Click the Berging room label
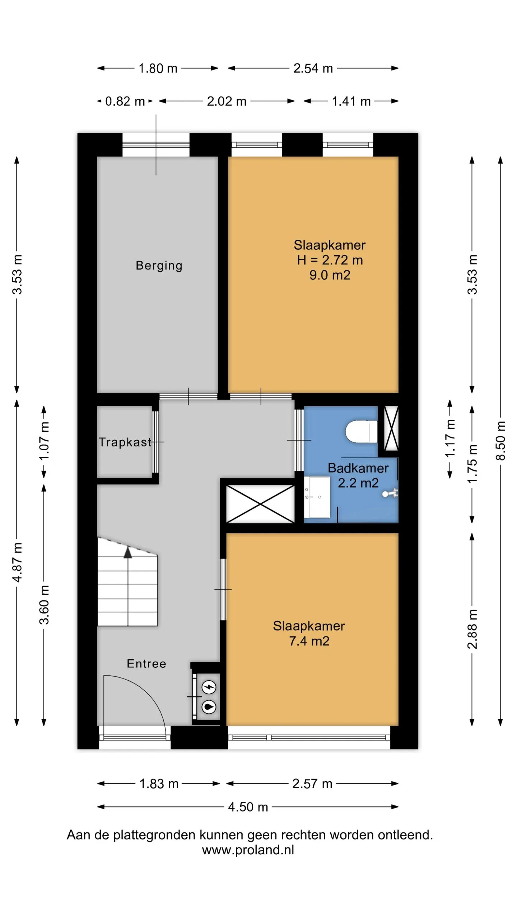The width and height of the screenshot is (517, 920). click(x=159, y=266)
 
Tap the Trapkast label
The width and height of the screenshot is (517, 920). click(x=125, y=442)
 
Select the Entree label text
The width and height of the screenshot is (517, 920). click(x=146, y=663)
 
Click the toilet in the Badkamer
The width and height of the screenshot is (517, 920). click(x=361, y=431)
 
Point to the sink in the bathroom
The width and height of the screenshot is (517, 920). click(x=317, y=497)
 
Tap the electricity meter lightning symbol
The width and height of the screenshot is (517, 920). click(x=209, y=687)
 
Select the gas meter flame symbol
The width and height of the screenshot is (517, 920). click(x=209, y=707)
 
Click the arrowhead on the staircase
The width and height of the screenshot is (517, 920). click(x=128, y=552)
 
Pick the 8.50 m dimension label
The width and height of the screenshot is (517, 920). click(x=500, y=441)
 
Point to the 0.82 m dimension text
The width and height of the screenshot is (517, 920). click(x=125, y=101)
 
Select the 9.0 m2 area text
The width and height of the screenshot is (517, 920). click(x=330, y=275)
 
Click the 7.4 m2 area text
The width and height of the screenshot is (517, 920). click(x=309, y=641)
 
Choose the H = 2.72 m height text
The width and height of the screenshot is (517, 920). click(x=330, y=260)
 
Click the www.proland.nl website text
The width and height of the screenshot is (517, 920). click(x=248, y=850)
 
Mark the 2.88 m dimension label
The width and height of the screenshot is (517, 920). click(x=472, y=629)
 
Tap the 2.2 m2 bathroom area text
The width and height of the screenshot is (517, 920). click(x=358, y=483)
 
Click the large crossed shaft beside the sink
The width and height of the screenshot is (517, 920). click(x=260, y=504)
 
